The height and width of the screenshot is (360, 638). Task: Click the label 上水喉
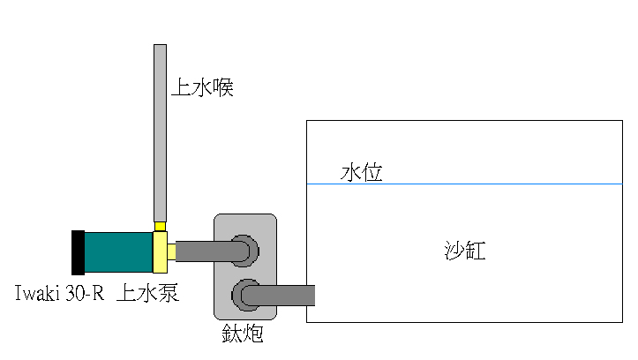[x=202, y=87]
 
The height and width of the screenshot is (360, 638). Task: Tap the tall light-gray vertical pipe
[x=160, y=133]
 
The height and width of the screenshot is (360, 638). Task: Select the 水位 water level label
[x=361, y=172]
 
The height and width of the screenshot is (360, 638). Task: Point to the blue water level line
[x=464, y=184]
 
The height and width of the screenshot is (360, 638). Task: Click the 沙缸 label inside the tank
[x=465, y=251]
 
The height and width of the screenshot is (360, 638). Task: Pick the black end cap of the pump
[x=79, y=252]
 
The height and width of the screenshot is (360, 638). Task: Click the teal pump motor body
[x=118, y=252]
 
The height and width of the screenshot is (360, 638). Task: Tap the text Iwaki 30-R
[x=59, y=293]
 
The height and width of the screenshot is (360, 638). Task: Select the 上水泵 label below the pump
[x=147, y=293]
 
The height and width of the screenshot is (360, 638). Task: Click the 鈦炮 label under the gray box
[x=243, y=334]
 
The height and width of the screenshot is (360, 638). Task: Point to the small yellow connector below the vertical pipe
[x=160, y=227]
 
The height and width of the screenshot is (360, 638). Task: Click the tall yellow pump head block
[x=160, y=252]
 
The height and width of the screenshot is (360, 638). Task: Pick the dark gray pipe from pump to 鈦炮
[x=212, y=251]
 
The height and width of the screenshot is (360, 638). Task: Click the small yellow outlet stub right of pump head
[x=171, y=251]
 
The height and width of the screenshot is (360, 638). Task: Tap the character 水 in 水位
[x=350, y=172]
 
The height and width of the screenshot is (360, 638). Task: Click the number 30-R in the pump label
[x=85, y=293]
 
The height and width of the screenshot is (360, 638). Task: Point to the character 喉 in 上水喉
[x=223, y=87]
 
